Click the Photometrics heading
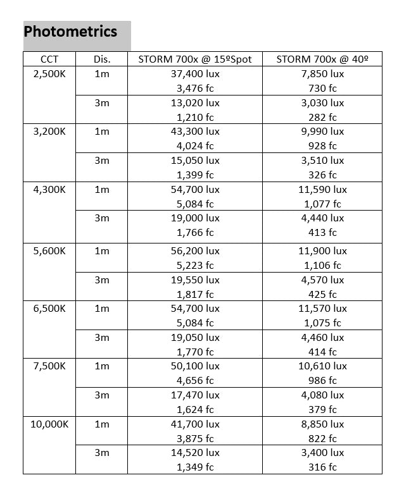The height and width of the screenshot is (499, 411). pyautogui.click(x=70, y=32)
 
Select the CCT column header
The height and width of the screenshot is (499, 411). pyautogui.click(x=49, y=59)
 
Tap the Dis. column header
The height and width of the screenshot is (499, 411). pyautogui.click(x=101, y=59)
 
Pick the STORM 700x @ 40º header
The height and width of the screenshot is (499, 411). pyautogui.click(x=322, y=59)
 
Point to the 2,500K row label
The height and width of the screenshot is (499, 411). pyautogui.click(x=49, y=74)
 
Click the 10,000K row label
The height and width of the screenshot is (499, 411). pyautogui.click(x=49, y=424)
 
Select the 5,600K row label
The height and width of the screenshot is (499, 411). pyautogui.click(x=49, y=250)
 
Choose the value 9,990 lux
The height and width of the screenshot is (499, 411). pyautogui.click(x=322, y=132)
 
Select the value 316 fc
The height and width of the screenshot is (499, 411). pyautogui.click(x=322, y=467)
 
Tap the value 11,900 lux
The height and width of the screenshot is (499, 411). pyautogui.click(x=322, y=250)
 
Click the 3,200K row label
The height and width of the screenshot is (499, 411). pyautogui.click(x=49, y=132)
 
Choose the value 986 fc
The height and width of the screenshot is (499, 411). pyautogui.click(x=322, y=381)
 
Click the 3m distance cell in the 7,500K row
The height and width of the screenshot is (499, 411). pyautogui.click(x=101, y=395)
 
